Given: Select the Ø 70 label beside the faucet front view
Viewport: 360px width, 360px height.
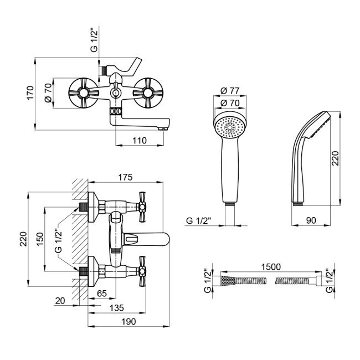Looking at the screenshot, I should (48, 92).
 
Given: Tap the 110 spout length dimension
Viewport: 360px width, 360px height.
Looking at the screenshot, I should (140, 141).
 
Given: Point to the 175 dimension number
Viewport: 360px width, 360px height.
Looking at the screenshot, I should (125, 177).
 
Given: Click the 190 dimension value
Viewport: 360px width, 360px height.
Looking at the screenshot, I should (128, 322).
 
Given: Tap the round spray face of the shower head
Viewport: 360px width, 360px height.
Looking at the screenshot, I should (229, 127).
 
